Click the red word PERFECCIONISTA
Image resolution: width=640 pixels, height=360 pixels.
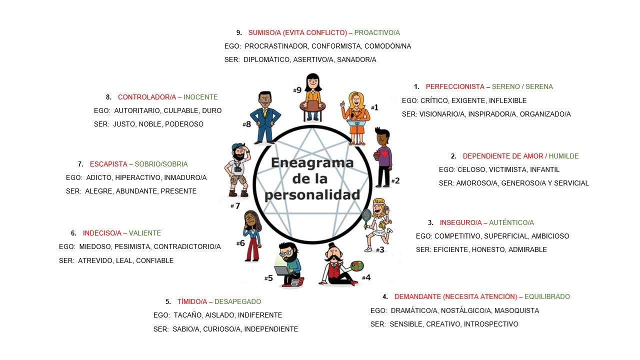[x=455, y=86]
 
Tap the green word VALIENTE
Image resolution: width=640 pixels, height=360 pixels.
[x=145, y=233]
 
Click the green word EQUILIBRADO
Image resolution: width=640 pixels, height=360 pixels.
[x=547, y=296]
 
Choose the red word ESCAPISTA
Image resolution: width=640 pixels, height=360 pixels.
[x=108, y=164]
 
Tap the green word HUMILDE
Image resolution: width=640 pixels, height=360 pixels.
[x=563, y=156]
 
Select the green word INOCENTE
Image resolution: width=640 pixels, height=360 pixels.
[x=200, y=97]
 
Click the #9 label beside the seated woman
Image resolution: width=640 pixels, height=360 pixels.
[x=297, y=90]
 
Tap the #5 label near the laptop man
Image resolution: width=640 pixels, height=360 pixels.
[x=268, y=278]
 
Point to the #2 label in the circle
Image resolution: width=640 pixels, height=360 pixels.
[x=395, y=180]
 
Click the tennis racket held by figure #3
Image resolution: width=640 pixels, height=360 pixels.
[x=366, y=215]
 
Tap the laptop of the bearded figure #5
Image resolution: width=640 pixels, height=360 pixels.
[x=282, y=270]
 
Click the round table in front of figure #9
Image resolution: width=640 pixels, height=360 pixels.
[x=312, y=106]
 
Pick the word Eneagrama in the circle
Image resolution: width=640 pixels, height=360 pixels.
[x=312, y=163]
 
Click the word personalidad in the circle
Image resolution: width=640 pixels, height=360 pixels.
[x=312, y=194]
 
